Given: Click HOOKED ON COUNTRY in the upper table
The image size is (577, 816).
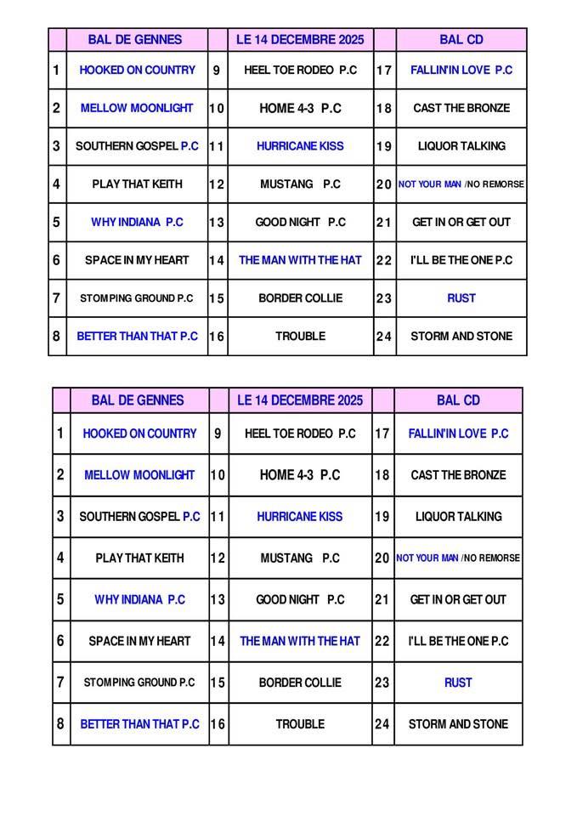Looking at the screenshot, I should [137, 71].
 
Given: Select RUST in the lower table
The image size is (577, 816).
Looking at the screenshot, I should [458, 683].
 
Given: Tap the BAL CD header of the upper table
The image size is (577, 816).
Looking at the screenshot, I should [461, 40].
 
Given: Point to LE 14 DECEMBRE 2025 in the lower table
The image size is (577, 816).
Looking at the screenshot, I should [300, 400].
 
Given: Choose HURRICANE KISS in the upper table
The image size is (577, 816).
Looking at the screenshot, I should [300, 146].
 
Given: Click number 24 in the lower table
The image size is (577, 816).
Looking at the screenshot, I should [382, 724].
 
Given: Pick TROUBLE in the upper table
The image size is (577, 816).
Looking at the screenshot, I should [300, 337].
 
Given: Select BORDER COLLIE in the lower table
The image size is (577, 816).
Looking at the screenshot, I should [300, 683].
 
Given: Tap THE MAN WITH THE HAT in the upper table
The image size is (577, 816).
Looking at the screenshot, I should [300, 260].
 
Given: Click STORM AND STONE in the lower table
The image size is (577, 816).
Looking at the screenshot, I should [458, 724].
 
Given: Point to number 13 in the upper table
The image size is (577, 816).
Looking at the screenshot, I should [217, 223].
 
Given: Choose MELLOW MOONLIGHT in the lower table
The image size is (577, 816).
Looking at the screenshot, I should [139, 475].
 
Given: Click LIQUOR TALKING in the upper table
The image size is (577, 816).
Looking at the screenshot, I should [461, 146].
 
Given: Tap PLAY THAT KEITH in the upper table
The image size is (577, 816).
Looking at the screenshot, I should [137, 184].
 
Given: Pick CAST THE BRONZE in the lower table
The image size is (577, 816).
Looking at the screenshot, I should [458, 475].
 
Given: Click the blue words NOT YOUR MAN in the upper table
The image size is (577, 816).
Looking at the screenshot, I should [429, 184].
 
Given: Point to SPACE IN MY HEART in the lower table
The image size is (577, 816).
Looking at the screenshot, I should [139, 641].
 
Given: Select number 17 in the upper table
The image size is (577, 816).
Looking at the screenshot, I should [384, 71].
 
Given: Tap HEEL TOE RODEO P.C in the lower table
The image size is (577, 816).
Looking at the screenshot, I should [300, 433].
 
